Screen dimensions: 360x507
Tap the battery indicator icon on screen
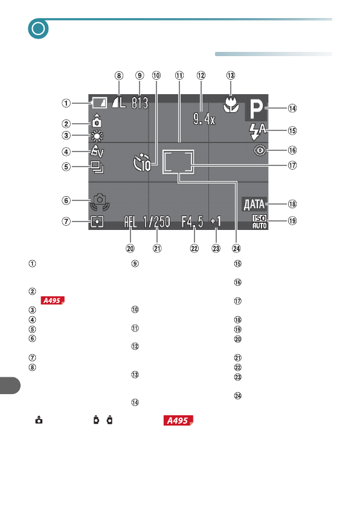pos(99,103)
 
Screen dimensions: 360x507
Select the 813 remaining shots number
pos(140,103)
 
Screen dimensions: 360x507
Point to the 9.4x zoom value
pos(204,119)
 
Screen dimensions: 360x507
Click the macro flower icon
pos(231,104)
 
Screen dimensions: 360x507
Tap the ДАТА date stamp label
pos(254,204)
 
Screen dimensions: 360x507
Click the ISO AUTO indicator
pos(259,222)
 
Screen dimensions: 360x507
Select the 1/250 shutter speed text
pos(156,222)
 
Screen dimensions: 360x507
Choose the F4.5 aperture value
pos(193,222)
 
